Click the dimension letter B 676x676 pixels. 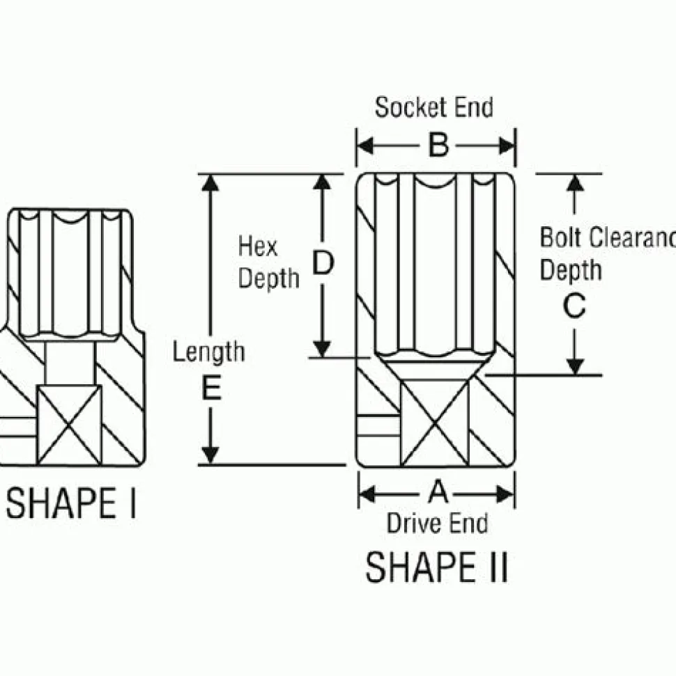click(x=437, y=146)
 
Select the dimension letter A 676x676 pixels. click(x=437, y=493)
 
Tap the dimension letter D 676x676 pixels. click(x=322, y=263)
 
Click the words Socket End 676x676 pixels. click(x=433, y=108)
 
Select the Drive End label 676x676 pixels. click(x=437, y=523)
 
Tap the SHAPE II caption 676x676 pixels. click(x=436, y=567)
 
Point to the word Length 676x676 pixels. click(x=208, y=352)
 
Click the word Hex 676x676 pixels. click(x=258, y=246)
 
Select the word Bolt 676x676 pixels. click(x=562, y=237)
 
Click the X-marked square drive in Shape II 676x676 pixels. click(x=436, y=423)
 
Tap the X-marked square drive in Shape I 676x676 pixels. click(x=68, y=425)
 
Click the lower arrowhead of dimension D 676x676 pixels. click(x=322, y=348)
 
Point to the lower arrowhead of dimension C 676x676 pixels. click(x=574, y=365)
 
